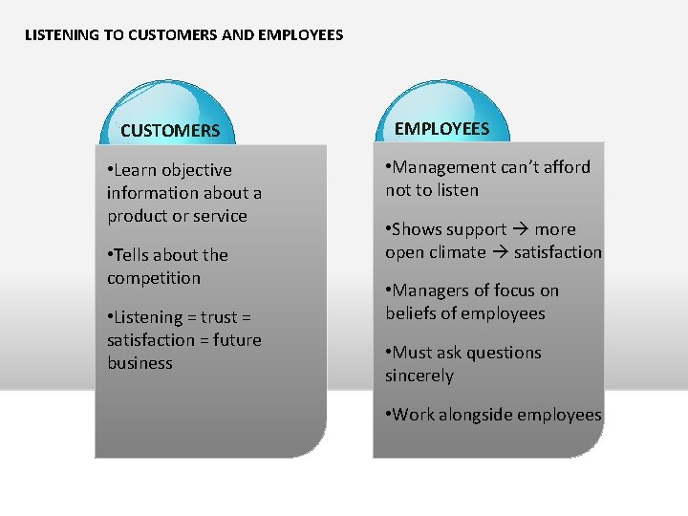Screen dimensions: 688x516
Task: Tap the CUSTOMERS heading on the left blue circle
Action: click(x=170, y=131)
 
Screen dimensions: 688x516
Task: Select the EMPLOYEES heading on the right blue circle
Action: click(x=441, y=129)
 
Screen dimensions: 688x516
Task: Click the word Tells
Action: click(x=137, y=255)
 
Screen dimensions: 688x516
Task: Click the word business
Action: click(x=140, y=363)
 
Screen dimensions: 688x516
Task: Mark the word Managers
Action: click(x=430, y=290)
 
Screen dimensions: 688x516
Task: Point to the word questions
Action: click(x=505, y=353)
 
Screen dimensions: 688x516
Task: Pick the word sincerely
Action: click(x=419, y=376)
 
